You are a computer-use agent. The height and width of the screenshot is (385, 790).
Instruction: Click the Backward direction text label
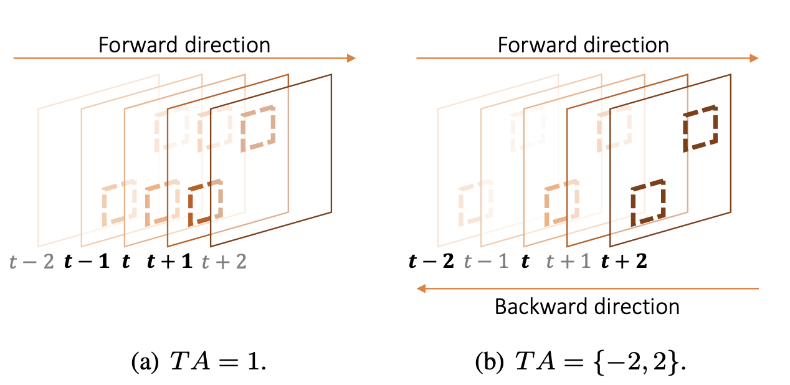pyautogui.click(x=586, y=307)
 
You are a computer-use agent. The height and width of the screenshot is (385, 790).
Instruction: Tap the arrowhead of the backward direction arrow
pyautogui.click(x=421, y=288)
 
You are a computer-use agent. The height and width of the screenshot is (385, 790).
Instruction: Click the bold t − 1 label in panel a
pyautogui.click(x=87, y=262)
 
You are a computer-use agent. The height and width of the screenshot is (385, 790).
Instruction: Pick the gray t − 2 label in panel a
pyautogui.click(x=31, y=262)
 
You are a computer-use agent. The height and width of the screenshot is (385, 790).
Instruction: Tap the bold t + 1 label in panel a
pyautogui.click(x=169, y=262)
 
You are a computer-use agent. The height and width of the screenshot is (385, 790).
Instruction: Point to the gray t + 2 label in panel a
pyautogui.click(x=224, y=262)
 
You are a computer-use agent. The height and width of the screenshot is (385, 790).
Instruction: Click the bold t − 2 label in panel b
pyautogui.click(x=431, y=262)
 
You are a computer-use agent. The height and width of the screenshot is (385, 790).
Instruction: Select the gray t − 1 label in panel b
pyautogui.click(x=487, y=262)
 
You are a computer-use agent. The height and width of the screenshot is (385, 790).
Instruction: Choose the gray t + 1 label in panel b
pyautogui.click(x=568, y=262)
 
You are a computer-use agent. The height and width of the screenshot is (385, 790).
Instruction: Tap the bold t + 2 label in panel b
pyautogui.click(x=624, y=262)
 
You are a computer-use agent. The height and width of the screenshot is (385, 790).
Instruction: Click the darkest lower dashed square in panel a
pyautogui.click(x=205, y=203)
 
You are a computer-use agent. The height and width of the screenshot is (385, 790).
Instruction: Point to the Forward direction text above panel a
pyautogui.click(x=184, y=45)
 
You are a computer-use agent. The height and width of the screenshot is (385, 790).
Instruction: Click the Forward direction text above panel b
pyautogui.click(x=583, y=45)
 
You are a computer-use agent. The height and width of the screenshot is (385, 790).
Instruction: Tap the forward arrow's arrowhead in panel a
pyautogui.click(x=351, y=58)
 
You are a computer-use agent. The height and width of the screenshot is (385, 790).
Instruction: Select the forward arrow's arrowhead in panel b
pyautogui.click(x=754, y=58)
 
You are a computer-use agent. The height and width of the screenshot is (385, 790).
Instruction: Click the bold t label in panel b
pyautogui.click(x=526, y=262)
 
